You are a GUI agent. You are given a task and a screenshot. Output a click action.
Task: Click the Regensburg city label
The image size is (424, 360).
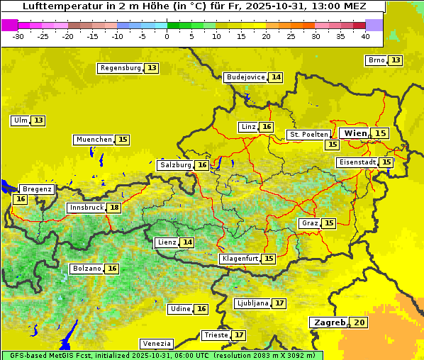pos(121,68)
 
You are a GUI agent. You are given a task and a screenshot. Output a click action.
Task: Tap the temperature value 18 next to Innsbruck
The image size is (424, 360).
pos(114,208)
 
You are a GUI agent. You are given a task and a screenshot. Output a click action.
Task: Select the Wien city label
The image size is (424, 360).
pos(356,133)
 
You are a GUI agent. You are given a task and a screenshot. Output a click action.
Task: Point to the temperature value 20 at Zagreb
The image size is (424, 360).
pos(360,322)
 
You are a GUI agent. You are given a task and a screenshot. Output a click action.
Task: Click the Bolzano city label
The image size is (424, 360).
pos(87,269)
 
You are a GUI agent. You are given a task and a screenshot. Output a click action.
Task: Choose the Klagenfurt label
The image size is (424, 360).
pos(239,259)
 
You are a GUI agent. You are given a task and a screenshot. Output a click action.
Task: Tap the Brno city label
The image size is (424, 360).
pos(376,60)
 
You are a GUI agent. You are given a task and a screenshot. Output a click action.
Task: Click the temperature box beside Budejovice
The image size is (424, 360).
pos(276,77)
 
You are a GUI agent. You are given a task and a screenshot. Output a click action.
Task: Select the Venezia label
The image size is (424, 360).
pos(155,343)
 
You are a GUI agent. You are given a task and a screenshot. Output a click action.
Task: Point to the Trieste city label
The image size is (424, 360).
pos(216,334)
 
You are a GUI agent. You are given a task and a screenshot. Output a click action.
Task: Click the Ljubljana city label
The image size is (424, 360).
pos(252,303)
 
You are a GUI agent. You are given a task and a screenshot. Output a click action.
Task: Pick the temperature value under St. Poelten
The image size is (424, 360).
pos(331,144)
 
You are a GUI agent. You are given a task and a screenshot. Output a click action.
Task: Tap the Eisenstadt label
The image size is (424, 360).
pos(357,162)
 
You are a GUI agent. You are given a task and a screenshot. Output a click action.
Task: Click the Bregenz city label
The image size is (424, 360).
pos(37,189)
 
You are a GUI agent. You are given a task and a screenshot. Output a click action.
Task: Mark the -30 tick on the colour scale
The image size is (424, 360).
pos(18,36)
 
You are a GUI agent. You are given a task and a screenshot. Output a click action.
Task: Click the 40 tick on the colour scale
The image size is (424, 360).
pos(365,36)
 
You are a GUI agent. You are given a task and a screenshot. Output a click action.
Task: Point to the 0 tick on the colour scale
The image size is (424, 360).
pos(167,36)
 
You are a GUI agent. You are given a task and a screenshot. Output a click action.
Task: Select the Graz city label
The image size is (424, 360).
pos(310,223)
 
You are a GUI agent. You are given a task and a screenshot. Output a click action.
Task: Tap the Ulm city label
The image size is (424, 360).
pos(20,120)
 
